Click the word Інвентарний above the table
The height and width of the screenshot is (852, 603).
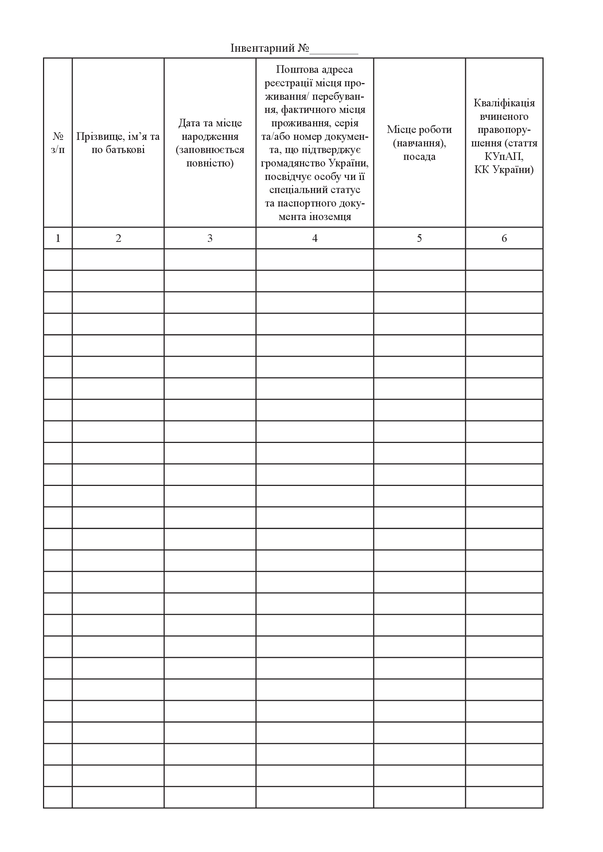[263, 48]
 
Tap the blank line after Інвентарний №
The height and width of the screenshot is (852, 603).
[334, 50]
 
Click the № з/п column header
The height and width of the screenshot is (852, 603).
[58, 143]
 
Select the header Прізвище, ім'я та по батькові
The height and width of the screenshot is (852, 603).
[118, 143]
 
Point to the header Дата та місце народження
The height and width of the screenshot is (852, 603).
[210, 143]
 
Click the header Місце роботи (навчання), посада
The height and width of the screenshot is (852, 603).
[419, 143]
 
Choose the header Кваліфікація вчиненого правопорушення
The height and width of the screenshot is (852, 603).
[504, 136]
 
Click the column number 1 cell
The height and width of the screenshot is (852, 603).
[58, 238]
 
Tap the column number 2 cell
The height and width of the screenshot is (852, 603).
[118, 238]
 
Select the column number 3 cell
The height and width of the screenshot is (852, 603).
[210, 238]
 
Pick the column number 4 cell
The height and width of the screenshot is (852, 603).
[315, 238]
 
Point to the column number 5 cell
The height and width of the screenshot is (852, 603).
[419, 238]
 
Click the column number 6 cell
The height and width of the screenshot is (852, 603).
[504, 238]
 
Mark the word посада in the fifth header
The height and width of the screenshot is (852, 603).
[419, 157]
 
